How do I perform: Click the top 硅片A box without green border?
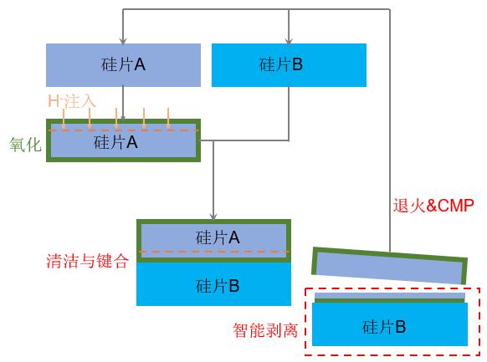123,64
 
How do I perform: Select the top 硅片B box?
289,64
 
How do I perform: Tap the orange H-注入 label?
72,100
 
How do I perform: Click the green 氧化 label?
24,144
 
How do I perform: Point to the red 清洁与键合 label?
87,260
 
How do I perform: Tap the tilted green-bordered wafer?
389,267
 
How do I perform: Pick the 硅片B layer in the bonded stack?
214,284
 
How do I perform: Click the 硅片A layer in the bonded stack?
214,237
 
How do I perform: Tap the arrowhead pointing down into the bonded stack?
214,216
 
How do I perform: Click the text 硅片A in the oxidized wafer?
115,143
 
